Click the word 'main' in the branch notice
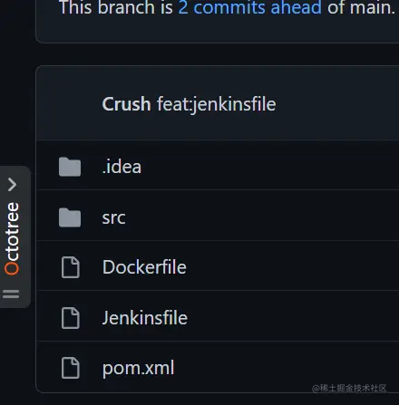pos(370,9)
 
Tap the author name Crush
pos(126,104)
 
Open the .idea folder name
pos(122,167)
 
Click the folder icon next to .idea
pos(70,167)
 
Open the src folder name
pos(113,217)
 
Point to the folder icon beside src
pos(70,217)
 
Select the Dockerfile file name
pos(144,267)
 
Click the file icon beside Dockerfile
pos(70,267)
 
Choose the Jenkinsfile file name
pos(145,318)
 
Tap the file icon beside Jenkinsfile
pos(70,318)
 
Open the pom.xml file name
pos(138,368)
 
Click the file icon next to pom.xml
pos(70,368)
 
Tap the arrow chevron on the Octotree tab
pos(12,184)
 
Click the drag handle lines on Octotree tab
pos(12,294)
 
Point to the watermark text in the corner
pos(354,388)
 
